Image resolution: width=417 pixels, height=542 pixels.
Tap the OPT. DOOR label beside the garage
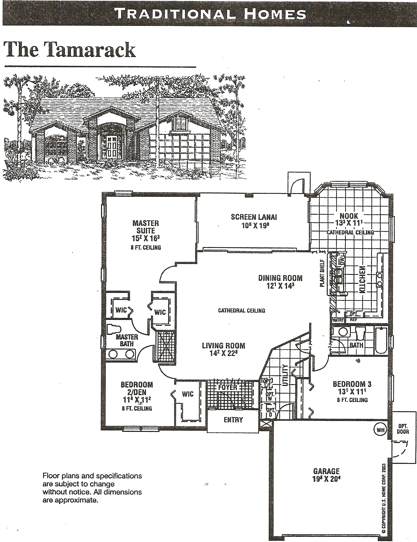point(403,429)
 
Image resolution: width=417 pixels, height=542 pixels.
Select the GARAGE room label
point(326,471)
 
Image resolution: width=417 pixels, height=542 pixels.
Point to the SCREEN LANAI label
point(254,217)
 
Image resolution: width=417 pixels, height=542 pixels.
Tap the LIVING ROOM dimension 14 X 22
point(224,353)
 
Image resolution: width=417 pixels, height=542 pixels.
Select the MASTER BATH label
point(127,340)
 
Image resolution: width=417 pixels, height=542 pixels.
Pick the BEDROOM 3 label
point(352,384)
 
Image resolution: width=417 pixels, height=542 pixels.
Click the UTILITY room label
point(285,375)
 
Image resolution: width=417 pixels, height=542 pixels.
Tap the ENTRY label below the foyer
point(233,420)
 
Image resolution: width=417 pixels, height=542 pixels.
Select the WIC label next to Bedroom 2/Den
point(187,394)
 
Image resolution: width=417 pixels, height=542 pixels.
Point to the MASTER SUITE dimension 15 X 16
point(146,238)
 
